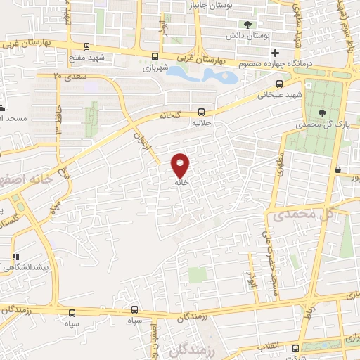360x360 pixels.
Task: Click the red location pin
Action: click(x=181, y=166)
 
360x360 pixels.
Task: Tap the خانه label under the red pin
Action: click(x=181, y=181)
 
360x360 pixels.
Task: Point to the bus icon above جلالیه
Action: click(x=202, y=111)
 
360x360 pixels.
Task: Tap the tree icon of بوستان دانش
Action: click(x=247, y=25)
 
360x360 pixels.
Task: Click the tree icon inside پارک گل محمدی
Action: click(x=323, y=112)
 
